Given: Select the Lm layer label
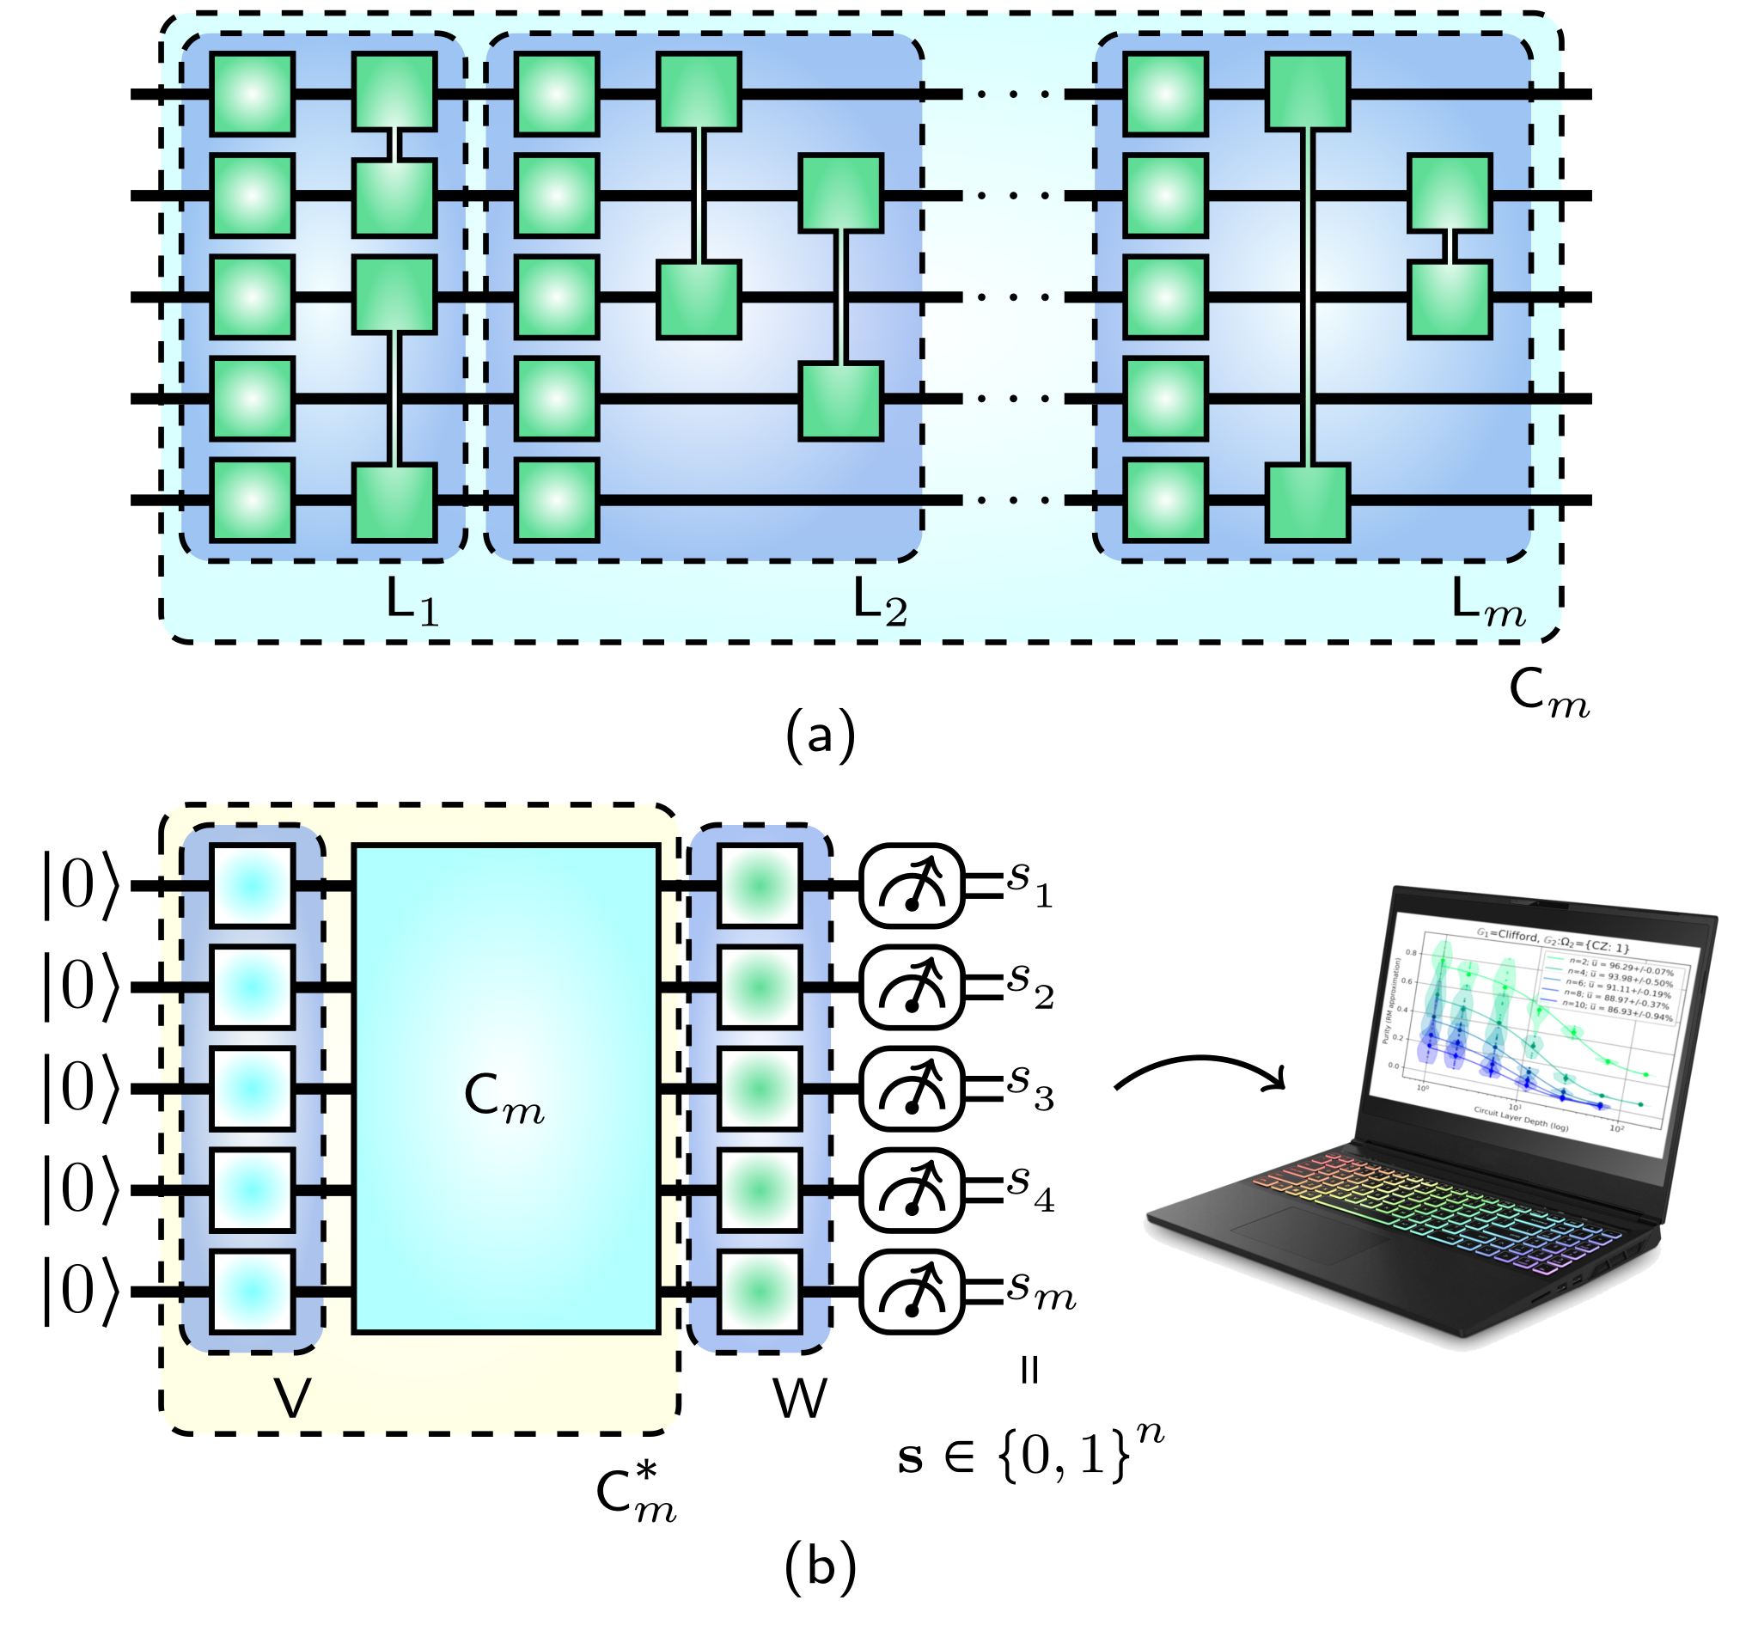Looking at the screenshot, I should (x=1487, y=604).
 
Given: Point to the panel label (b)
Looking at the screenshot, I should (x=820, y=1568).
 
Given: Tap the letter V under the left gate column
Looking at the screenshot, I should (x=293, y=1397).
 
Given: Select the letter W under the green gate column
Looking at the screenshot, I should (x=800, y=1397).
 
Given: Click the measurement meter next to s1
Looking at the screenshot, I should (x=913, y=887).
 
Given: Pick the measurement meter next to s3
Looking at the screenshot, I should (x=913, y=1089).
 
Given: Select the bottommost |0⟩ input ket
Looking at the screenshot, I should (x=79, y=1292).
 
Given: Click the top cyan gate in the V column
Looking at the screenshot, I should (x=252, y=887).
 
